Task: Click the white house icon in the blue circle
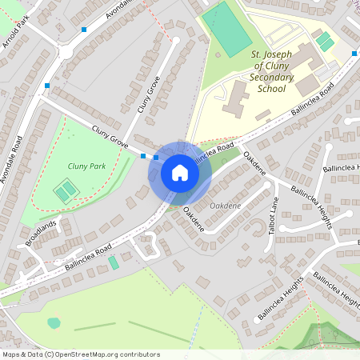(x=180, y=172)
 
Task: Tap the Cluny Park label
(x=87, y=166)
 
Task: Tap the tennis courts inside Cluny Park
(x=66, y=190)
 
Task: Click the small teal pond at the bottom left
(x=54, y=323)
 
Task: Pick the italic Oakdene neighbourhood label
(x=225, y=206)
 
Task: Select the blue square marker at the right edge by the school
(x=354, y=54)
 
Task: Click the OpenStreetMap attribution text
(x=80, y=354)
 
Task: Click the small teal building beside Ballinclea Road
(x=114, y=262)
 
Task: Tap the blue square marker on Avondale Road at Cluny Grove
(x=48, y=86)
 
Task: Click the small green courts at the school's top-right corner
(x=323, y=39)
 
